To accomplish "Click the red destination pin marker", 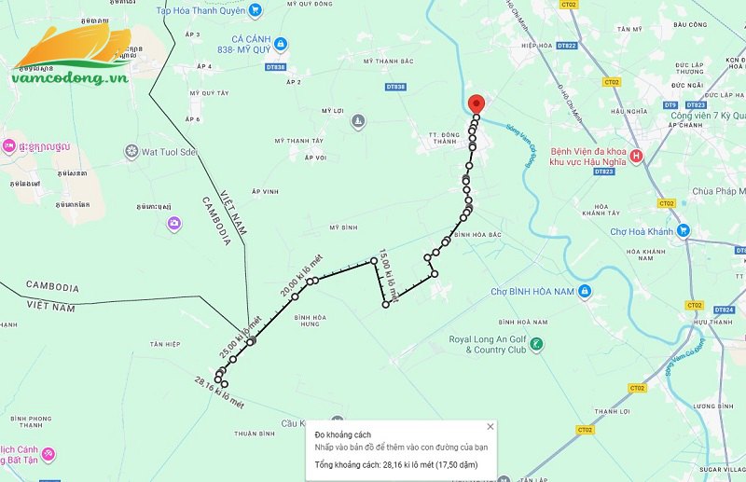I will [477, 103].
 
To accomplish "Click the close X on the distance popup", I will [490, 427].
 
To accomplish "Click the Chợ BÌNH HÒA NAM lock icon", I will [584, 292].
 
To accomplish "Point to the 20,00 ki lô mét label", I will [297, 276].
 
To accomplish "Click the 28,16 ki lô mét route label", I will [219, 392].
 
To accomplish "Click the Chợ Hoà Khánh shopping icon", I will [684, 229].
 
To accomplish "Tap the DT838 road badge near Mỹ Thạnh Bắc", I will [395, 86].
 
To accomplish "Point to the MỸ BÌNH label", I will [344, 227].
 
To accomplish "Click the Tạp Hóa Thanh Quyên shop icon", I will [256, 11].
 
